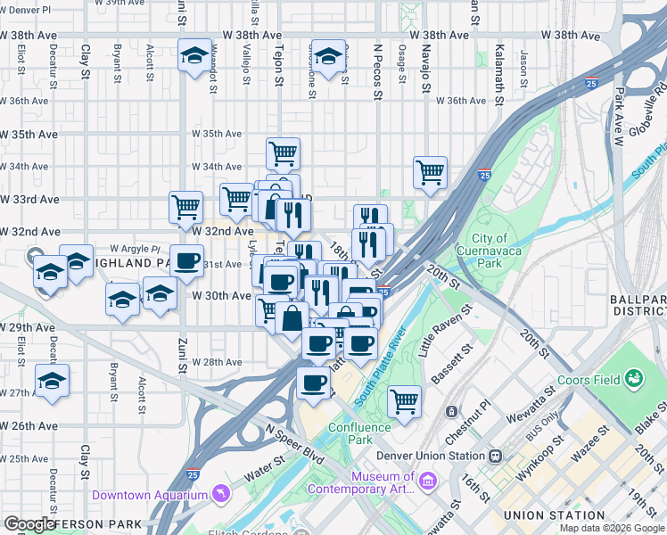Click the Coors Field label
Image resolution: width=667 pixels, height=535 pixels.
coord(588,380)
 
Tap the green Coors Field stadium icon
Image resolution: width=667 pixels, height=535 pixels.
coord(634,379)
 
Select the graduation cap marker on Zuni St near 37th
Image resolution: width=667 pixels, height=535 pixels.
coord(194,56)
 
